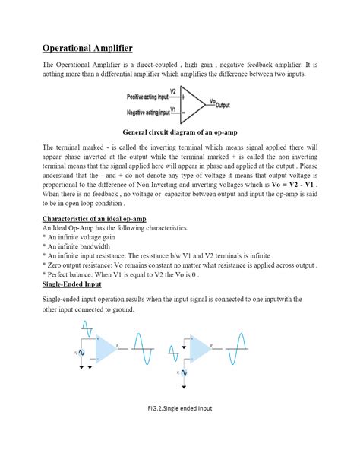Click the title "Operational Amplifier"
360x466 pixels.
(x=87, y=47)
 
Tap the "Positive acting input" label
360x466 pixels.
(x=147, y=97)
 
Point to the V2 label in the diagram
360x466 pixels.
(x=173, y=91)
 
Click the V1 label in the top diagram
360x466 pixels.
(x=173, y=109)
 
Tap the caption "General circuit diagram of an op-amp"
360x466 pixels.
(x=179, y=130)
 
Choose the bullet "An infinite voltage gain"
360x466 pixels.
(x=83, y=237)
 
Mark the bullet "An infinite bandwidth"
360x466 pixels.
(x=79, y=246)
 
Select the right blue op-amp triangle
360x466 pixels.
(x=201, y=349)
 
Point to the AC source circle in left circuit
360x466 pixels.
(x=82, y=353)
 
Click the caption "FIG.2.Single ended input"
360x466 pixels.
(x=180, y=430)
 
